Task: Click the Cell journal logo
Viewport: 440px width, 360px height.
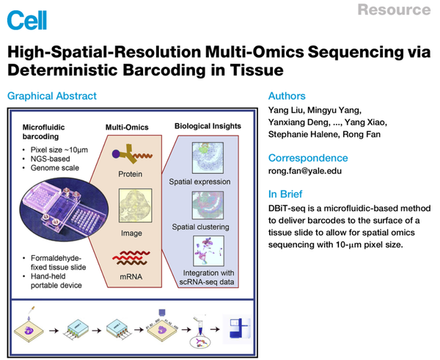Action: (x=26, y=20)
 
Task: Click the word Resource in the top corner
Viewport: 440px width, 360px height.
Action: (x=395, y=10)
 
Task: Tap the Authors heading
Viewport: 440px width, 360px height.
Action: (x=288, y=96)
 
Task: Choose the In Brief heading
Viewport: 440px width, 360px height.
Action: (x=287, y=194)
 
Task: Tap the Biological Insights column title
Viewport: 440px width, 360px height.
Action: (x=207, y=126)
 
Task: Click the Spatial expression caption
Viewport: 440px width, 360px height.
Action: (x=200, y=181)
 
